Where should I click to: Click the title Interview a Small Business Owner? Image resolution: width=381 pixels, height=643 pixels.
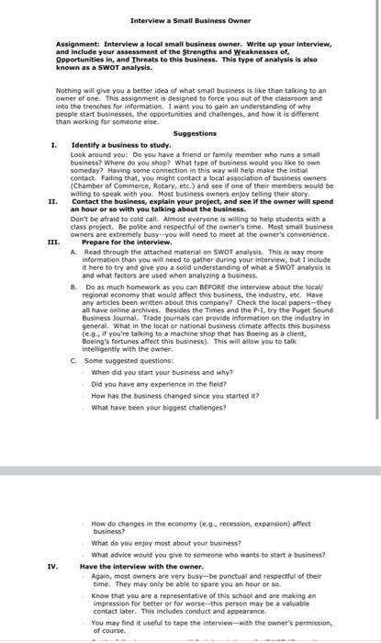coord(191,20)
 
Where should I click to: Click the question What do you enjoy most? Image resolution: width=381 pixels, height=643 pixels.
coord(163,543)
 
